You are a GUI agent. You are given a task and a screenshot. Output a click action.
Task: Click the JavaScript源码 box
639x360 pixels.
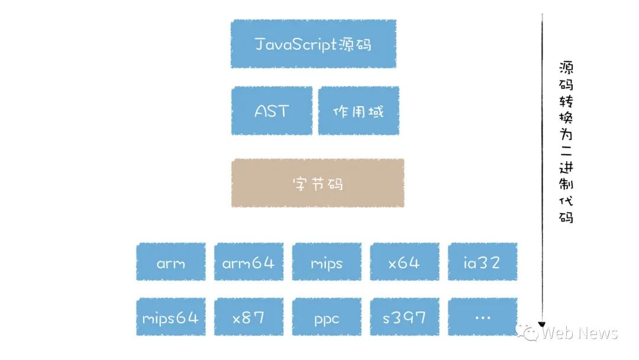coord(313,44)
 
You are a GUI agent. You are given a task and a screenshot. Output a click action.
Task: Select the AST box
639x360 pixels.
coord(272,111)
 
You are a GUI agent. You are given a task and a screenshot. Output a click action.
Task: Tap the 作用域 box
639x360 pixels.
coord(358,111)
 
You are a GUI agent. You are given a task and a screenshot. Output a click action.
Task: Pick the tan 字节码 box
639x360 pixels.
coord(318,183)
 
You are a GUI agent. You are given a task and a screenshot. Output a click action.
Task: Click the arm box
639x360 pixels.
coord(171,262)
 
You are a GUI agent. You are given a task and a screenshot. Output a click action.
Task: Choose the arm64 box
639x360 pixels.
coord(248,262)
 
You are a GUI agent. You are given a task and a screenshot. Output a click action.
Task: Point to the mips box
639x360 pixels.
coord(327,262)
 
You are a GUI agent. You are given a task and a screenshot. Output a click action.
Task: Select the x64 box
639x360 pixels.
coord(405,262)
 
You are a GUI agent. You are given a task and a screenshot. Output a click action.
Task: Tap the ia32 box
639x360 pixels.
coord(482,262)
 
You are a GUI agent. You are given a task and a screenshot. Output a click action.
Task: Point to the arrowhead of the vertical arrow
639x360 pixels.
coord(541,324)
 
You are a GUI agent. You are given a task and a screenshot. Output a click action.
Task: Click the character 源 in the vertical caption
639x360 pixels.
coord(566,67)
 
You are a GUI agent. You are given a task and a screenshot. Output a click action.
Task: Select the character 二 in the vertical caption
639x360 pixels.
coord(566,151)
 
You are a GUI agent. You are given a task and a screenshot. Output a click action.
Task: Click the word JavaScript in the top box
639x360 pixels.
coord(296,44)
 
